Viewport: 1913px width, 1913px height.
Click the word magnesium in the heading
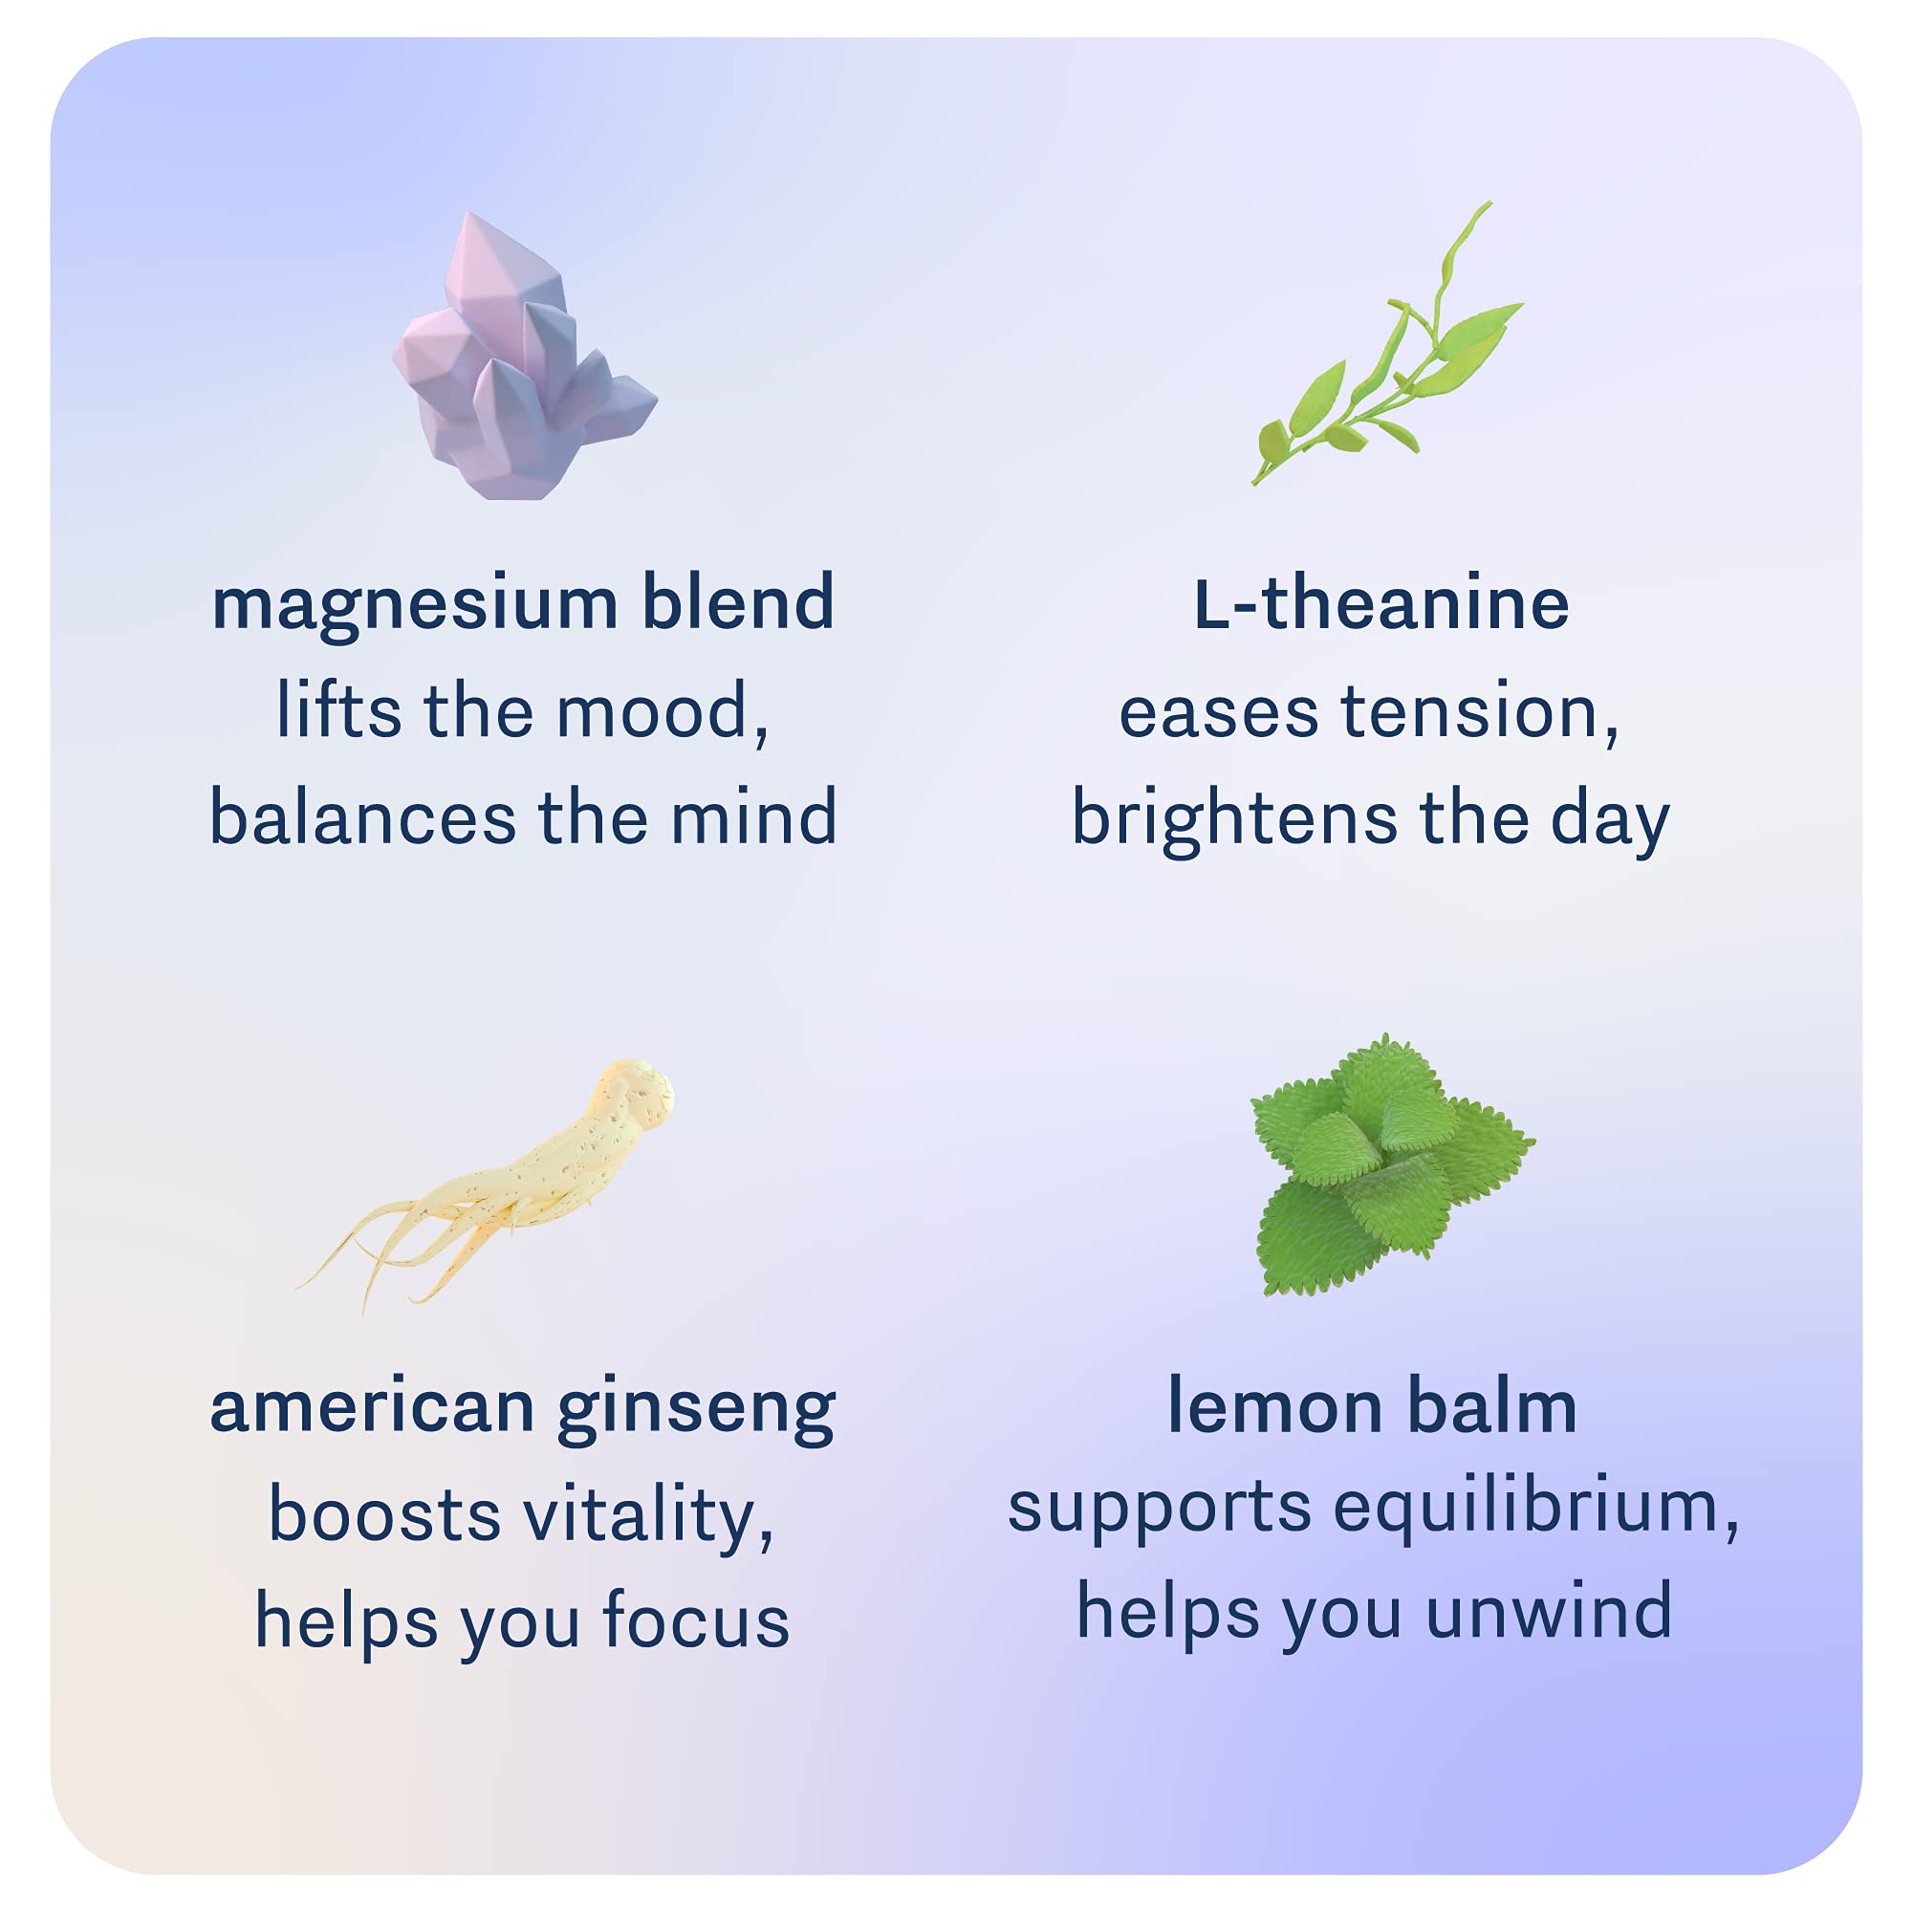(415, 604)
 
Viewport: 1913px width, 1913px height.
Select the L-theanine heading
(1381, 604)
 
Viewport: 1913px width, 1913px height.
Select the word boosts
(385, 1516)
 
